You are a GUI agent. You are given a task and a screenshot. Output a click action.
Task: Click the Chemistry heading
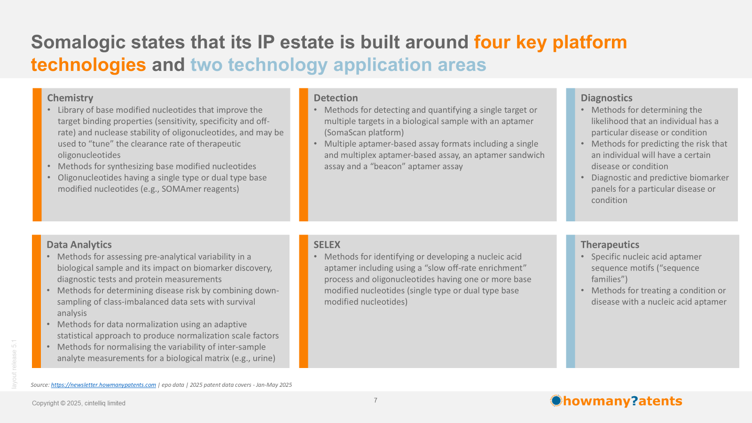coord(70,98)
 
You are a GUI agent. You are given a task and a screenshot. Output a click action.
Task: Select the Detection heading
coord(336,98)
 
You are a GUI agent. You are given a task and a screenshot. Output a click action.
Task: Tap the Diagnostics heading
coord(606,98)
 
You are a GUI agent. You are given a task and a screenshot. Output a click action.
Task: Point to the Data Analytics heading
coord(79,244)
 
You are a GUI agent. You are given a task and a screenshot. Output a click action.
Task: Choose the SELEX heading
coord(327,244)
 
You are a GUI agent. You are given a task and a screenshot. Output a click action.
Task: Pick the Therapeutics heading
coord(610,244)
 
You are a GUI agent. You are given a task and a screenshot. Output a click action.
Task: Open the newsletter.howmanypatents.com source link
coord(103,385)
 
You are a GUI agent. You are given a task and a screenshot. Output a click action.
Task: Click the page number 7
coord(376,400)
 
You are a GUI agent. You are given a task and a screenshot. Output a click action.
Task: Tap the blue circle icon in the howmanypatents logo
coord(556,400)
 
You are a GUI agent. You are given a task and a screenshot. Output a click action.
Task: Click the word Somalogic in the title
coord(78,42)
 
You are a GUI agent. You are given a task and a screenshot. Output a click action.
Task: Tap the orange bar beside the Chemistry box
coord(37,155)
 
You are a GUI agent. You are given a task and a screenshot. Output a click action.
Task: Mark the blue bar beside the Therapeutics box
coord(571,301)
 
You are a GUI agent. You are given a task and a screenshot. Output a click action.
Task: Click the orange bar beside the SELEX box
coord(304,301)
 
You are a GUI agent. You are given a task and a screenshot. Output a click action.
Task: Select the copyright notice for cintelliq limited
coord(78,403)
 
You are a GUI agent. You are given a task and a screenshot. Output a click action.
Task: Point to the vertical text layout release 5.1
coord(14,364)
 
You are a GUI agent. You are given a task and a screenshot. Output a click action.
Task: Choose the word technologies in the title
coord(88,64)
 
